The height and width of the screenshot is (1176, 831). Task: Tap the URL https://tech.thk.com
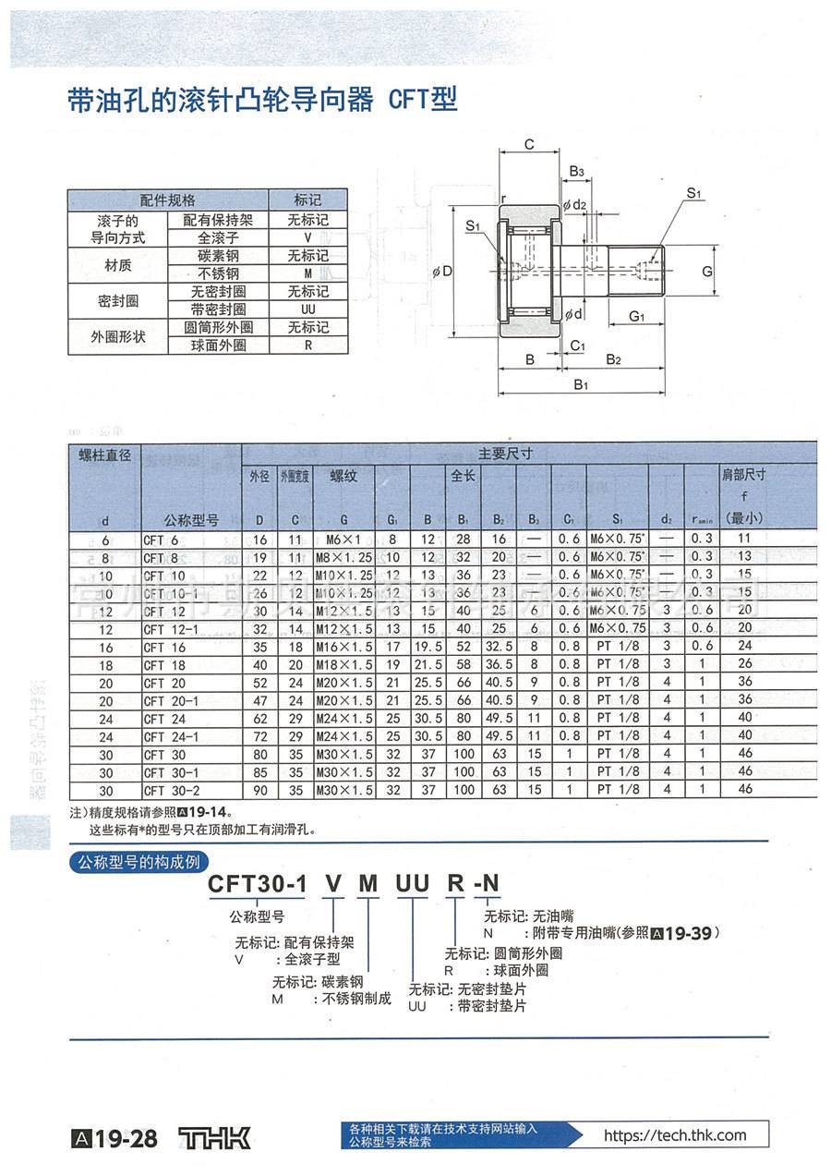(674, 1136)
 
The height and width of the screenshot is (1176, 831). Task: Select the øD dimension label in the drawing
(442, 272)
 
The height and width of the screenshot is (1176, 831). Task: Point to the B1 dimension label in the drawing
(581, 384)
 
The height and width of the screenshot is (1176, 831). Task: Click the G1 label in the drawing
(637, 317)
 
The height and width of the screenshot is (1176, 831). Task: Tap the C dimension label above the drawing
(529, 144)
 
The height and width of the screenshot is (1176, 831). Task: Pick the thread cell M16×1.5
(343, 647)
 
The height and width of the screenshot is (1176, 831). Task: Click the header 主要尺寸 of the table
(505, 454)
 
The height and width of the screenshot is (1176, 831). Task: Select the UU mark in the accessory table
(308, 309)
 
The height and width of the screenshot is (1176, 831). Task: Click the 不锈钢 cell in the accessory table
(219, 273)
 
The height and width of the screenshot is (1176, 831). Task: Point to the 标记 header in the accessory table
(308, 200)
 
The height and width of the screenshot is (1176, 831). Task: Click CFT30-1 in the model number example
(257, 884)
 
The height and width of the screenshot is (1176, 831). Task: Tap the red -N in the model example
(486, 884)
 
